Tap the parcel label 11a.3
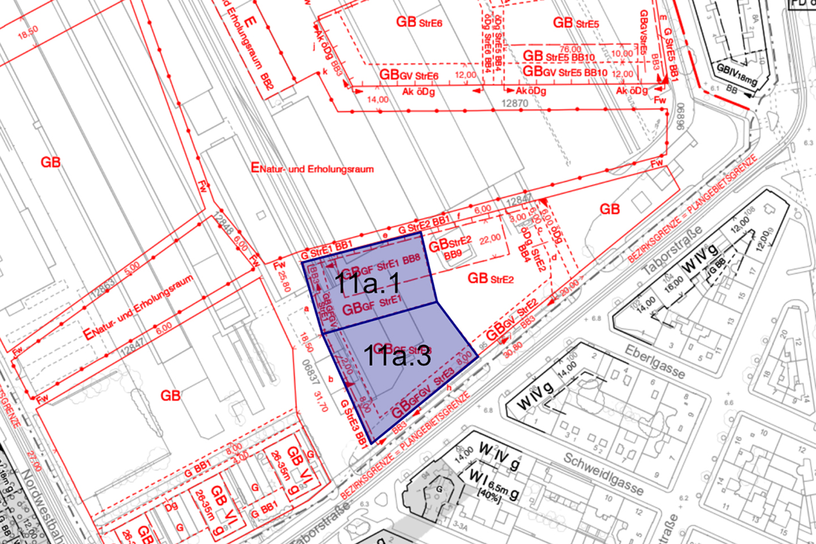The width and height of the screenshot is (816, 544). pyautogui.click(x=397, y=355)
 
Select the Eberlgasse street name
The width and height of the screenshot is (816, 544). pyautogui.click(x=654, y=362)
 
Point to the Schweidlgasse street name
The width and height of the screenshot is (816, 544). pyautogui.click(x=603, y=474)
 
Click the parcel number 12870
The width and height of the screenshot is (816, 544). pyautogui.click(x=515, y=104)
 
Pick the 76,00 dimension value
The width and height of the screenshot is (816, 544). pyautogui.click(x=570, y=49)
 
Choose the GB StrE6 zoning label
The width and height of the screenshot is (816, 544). pyautogui.click(x=419, y=22)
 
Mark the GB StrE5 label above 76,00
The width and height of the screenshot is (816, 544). pyautogui.click(x=576, y=23)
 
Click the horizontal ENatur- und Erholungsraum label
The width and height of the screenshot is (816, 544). pyautogui.click(x=312, y=168)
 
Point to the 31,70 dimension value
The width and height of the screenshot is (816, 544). pyautogui.click(x=321, y=401)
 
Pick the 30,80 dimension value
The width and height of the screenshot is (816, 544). pyautogui.click(x=513, y=347)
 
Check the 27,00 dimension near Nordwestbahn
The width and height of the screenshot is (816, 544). pyautogui.click(x=33, y=461)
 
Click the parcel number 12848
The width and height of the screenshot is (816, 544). pyautogui.click(x=224, y=226)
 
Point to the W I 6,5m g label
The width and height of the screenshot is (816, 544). pyautogui.click(x=493, y=483)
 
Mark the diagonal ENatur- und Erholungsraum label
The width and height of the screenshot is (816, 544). pyautogui.click(x=138, y=308)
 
